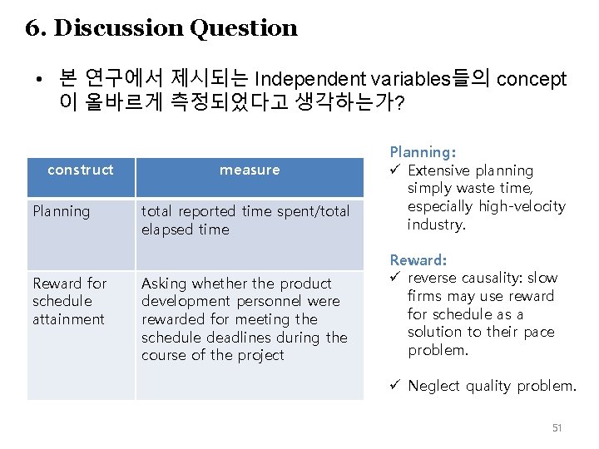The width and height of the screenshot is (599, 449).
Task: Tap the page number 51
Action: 557,427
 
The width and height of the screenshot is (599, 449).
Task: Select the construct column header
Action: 81,170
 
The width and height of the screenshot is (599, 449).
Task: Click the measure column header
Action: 250,170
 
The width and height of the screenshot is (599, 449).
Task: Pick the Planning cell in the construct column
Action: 60,211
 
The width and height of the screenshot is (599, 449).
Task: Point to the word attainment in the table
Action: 68,319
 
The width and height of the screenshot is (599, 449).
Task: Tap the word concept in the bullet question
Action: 532,80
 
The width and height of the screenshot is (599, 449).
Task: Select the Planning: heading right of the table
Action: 423,152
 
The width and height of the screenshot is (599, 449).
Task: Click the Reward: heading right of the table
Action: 418,260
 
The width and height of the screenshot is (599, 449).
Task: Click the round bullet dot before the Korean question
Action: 39,81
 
